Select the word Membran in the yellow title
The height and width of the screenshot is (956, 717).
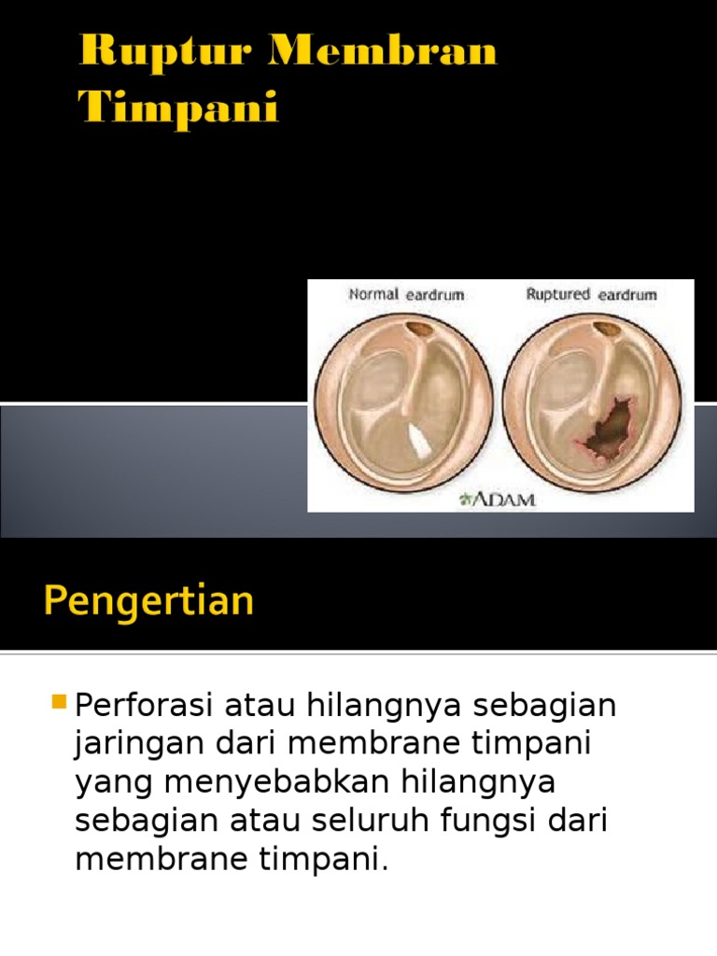pos(383,51)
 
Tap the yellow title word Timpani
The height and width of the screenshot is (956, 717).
pos(178,108)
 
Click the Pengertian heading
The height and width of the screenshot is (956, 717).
pos(148,600)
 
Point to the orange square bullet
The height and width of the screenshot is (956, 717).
pos(61,700)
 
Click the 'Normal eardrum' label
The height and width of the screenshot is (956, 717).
pos(406,294)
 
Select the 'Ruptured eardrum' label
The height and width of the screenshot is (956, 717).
pos(591,294)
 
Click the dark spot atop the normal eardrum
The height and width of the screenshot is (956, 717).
pos(421,330)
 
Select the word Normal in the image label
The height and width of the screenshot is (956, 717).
pos(373,294)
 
